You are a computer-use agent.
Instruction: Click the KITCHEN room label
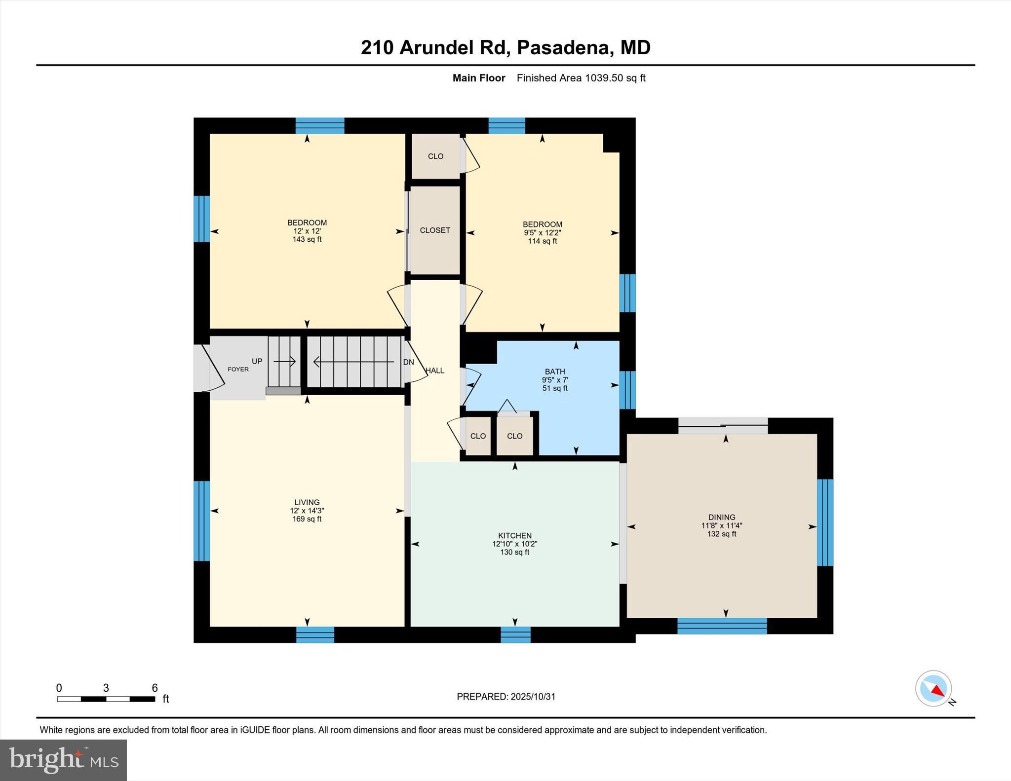coord(514,535)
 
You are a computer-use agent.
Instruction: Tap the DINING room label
coord(721,517)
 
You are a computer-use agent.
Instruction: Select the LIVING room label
coord(307,502)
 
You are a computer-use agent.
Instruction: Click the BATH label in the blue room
coord(555,372)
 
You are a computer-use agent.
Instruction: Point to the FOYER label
coord(238,369)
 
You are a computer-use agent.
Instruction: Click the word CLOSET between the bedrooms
coord(435,230)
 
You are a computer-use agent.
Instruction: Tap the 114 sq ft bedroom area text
coord(542,241)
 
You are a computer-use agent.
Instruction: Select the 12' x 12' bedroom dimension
coord(307,231)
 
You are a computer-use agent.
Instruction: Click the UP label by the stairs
coord(257,361)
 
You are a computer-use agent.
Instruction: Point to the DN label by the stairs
coord(408,362)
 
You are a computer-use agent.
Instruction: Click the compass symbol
coord(933,688)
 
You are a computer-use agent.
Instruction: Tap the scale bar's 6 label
coord(155,688)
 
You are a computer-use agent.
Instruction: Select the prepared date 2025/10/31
coord(533,697)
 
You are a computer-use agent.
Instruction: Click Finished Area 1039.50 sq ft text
coord(581,78)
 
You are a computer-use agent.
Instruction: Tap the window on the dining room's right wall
coord(825,522)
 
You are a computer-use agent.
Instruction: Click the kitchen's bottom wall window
coord(515,634)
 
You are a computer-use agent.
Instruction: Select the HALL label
coord(435,371)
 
